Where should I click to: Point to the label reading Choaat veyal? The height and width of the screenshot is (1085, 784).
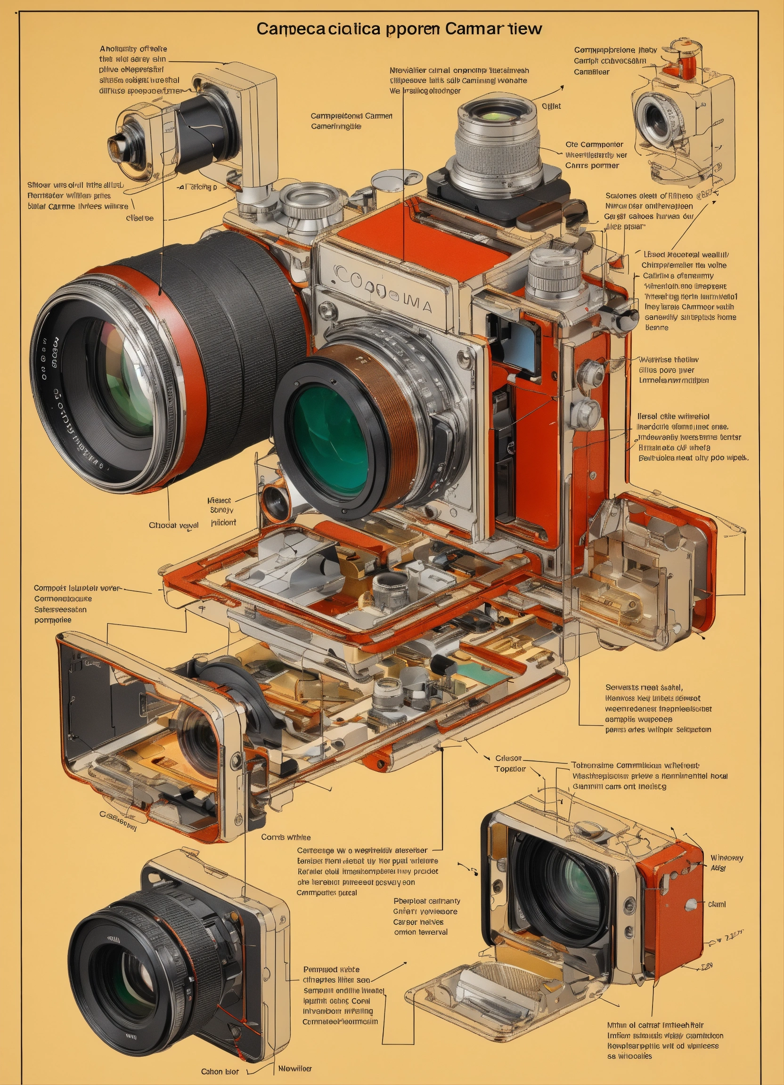pos(174,525)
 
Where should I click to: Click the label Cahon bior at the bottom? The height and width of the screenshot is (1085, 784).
pos(220,1071)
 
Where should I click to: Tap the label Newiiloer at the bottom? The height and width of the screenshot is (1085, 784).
pos(295,1068)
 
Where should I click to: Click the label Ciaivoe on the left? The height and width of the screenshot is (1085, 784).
pos(140,218)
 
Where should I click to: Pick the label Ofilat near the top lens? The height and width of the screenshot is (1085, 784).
pos(551,106)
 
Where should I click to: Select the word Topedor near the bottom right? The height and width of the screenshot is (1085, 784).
pos(510,769)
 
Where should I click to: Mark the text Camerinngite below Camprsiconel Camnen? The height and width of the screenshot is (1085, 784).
pos(336,126)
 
